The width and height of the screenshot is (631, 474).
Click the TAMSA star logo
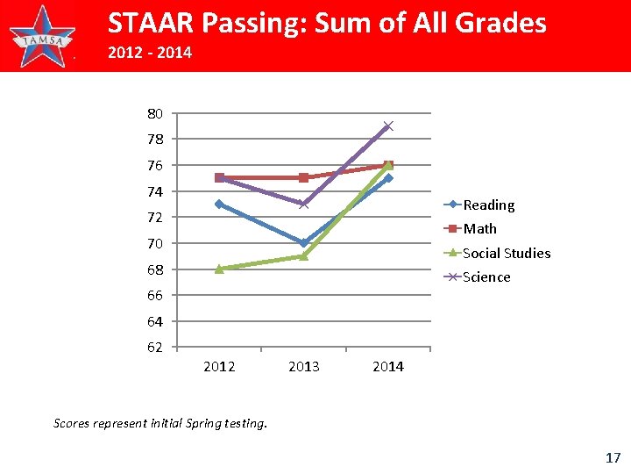[42, 36]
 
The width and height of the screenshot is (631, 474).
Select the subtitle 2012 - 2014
[149, 54]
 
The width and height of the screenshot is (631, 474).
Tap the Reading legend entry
[488, 205]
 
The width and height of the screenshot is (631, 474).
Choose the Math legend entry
[479, 229]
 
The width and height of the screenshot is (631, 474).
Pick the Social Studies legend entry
[506, 254]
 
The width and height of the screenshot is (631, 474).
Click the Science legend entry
[486, 277]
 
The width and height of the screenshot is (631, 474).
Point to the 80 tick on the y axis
[154, 113]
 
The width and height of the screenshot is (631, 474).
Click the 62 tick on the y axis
[154, 348]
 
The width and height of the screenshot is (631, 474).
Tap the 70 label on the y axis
[154, 243]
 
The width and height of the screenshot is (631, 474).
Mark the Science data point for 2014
[388, 126]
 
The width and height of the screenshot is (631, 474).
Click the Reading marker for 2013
[303, 243]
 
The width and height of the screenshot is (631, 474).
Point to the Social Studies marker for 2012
[219, 269]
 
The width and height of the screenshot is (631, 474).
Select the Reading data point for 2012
[219, 204]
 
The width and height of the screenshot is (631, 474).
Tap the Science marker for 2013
[303, 204]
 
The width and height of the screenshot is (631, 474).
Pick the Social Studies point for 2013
[303, 256]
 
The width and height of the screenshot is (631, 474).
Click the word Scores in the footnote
[73, 423]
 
